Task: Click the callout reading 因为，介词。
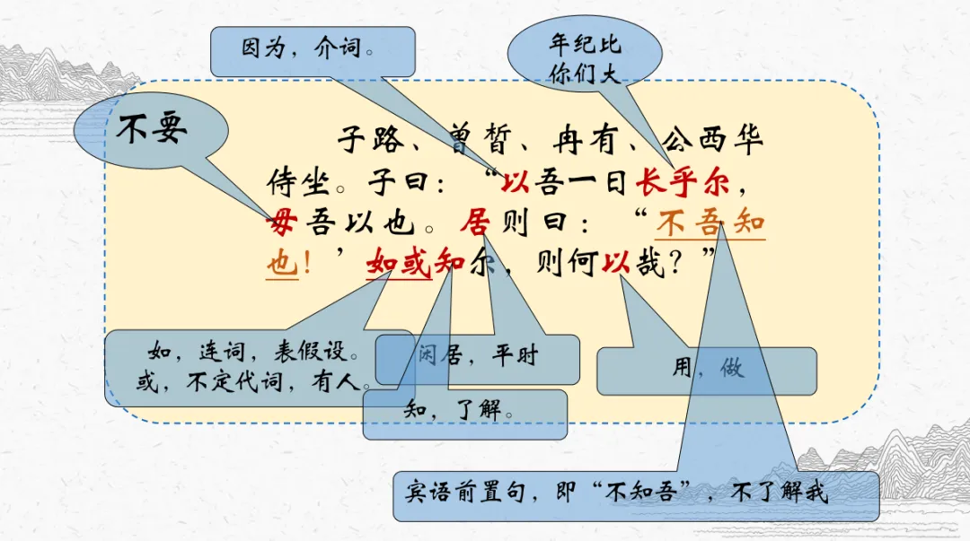coord(312,50)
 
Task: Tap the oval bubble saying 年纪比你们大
coord(585,57)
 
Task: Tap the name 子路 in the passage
coord(377,142)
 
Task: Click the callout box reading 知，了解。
coord(463,413)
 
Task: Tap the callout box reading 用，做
coord(708,368)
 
